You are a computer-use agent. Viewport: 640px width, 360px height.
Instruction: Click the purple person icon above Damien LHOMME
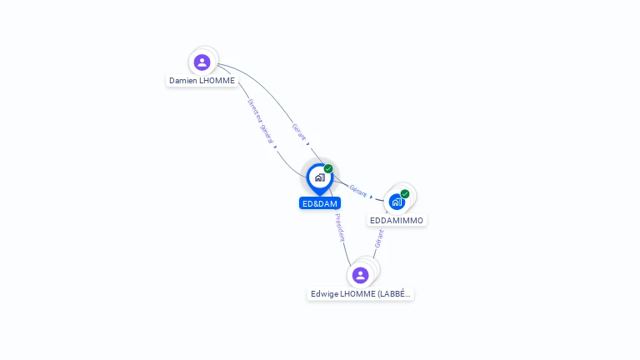pos(202,62)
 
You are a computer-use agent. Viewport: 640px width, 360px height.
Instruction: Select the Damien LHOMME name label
pos(202,81)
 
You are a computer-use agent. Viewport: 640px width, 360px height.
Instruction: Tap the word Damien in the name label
pos(182,81)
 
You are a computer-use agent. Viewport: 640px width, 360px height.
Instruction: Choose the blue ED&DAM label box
pos(320,203)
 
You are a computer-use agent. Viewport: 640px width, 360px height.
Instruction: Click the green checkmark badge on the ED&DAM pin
pos(328,168)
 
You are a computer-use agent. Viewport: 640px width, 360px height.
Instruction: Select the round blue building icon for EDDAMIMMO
pos(397,202)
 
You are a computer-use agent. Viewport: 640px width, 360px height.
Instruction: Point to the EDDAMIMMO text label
pos(397,220)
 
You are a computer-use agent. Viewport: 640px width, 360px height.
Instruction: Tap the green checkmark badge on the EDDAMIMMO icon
pos(405,194)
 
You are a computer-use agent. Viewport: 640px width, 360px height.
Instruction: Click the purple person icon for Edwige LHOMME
pos(360,275)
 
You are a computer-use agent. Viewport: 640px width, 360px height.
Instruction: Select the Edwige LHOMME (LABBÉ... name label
pos(360,294)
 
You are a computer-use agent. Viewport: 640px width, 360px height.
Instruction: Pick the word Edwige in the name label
pos(324,294)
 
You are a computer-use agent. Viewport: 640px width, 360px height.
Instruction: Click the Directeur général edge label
pos(260,121)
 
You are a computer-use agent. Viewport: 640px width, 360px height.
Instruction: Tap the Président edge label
pos(340,227)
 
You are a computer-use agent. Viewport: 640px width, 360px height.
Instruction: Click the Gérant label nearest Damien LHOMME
pos(299,132)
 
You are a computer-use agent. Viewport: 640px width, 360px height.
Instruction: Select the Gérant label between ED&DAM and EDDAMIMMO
pos(358,191)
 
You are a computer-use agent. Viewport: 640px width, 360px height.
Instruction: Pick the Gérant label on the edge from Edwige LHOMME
pos(379,239)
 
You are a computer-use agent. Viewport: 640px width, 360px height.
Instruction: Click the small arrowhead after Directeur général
pos(276,147)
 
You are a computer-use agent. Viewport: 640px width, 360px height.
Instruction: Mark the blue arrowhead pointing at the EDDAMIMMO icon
pos(371,197)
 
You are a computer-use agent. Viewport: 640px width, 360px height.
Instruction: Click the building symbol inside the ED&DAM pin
pos(320,177)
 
